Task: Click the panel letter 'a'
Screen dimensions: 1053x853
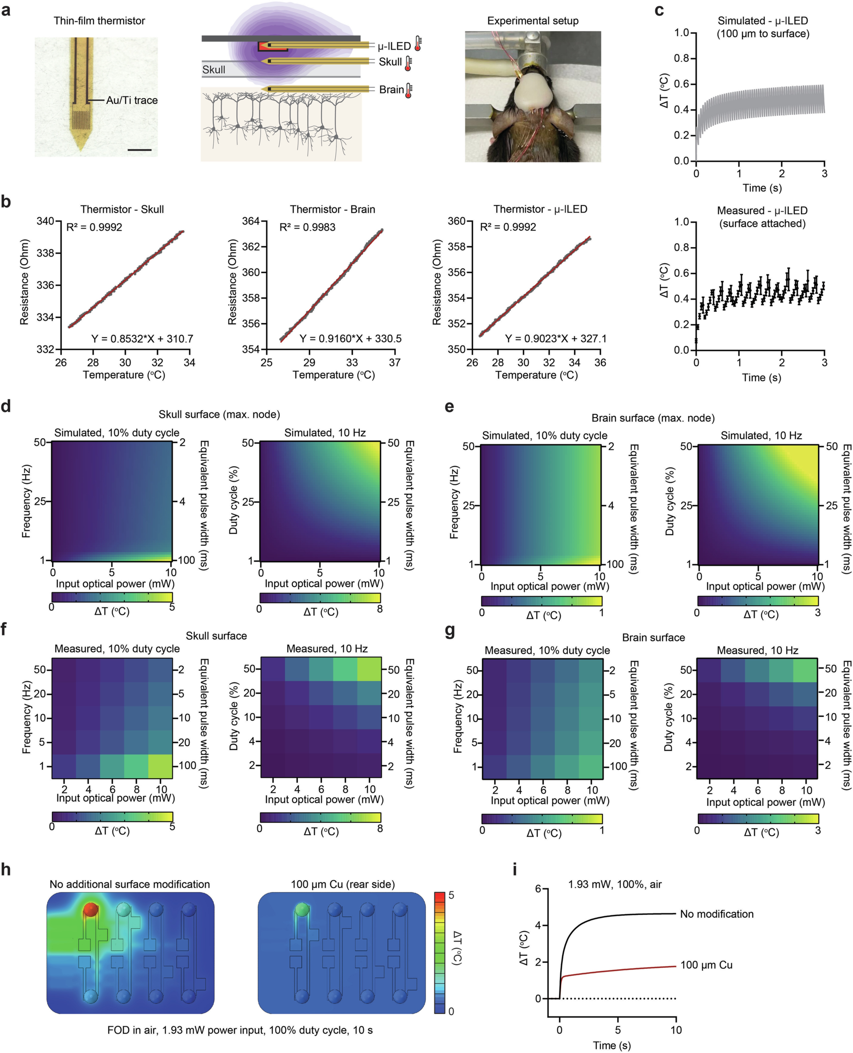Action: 6,10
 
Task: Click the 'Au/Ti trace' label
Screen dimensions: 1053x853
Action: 132,100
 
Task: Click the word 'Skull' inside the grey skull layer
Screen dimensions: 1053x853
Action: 214,70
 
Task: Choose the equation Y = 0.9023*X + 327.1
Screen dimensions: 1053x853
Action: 556,339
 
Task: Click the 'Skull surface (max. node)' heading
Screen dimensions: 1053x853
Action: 219,414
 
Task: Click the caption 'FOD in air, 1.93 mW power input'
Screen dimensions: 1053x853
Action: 240,1030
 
